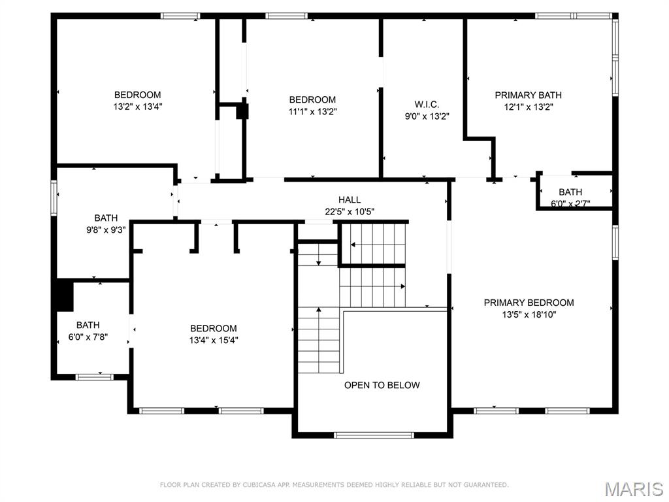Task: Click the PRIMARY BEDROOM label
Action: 529,303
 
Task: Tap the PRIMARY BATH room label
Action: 528,95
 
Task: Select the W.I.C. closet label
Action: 427,105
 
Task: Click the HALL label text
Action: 350,200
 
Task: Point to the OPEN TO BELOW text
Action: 382,385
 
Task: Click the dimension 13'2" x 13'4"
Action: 137,107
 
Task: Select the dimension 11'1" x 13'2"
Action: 312,112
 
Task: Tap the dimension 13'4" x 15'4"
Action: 214,340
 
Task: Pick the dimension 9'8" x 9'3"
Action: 106,230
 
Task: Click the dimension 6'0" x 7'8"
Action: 88,337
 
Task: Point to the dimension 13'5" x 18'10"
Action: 529,314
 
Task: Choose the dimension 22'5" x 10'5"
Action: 350,212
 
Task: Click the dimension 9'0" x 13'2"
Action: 427,116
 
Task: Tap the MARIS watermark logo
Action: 633,488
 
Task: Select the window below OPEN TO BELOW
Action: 374,435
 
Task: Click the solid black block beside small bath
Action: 63,295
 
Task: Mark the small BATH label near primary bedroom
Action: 570,192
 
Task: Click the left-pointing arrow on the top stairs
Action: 353,245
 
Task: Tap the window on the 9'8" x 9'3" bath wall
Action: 54,198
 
